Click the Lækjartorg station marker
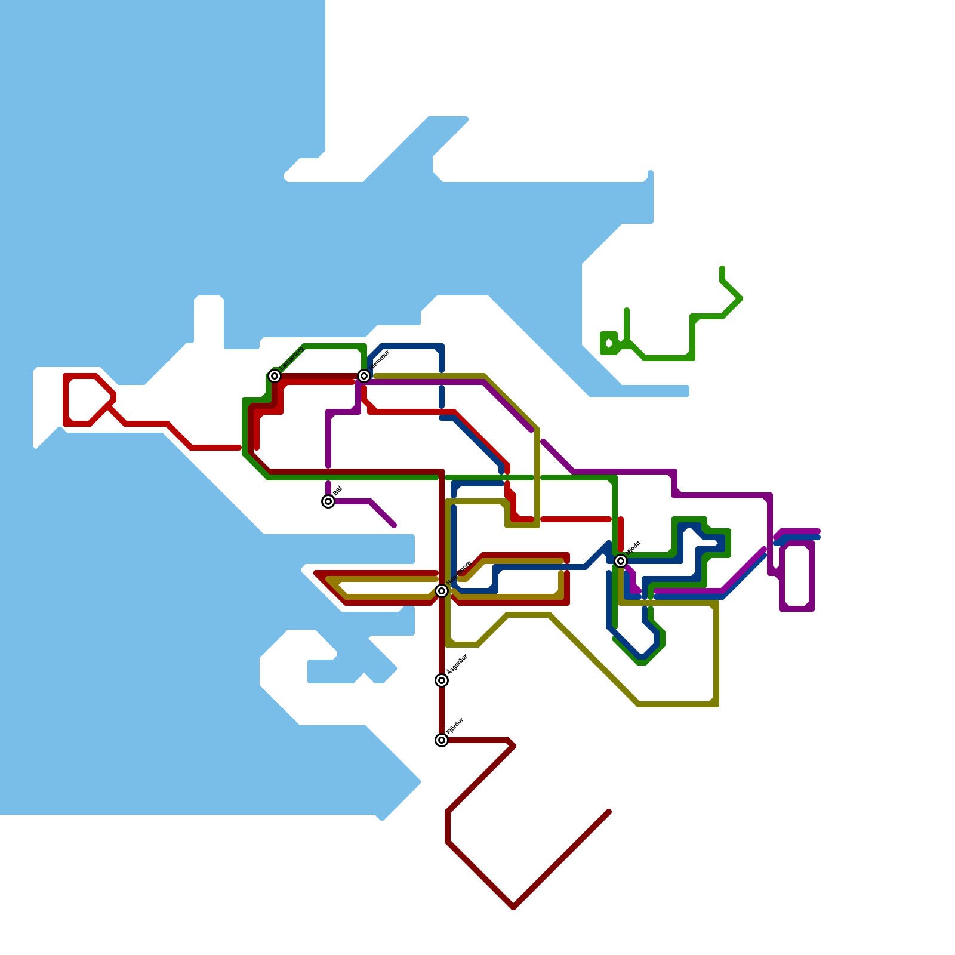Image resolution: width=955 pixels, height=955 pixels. point(275,376)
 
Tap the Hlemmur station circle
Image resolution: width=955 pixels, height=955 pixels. point(364,376)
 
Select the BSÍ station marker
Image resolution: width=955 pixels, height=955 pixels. point(328,501)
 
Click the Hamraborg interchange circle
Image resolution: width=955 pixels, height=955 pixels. point(442,591)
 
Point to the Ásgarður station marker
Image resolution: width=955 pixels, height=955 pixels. point(442,680)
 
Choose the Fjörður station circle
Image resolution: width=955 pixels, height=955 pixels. point(442,740)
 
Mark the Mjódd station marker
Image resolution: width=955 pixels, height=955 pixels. point(621,561)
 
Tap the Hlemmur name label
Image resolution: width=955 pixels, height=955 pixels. point(380,360)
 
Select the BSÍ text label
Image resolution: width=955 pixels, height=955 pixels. point(337,491)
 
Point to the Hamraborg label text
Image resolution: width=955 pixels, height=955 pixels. point(459,573)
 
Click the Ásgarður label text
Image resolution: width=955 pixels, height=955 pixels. point(457,664)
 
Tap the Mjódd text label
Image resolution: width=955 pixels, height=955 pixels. point(633,547)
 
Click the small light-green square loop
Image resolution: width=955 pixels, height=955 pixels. point(609,343)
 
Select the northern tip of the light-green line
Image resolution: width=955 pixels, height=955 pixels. point(722,268)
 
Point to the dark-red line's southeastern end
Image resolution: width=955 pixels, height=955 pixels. point(608,812)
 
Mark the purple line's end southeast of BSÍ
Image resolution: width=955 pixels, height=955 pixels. point(394,525)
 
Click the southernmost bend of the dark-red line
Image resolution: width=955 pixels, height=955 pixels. point(513,907)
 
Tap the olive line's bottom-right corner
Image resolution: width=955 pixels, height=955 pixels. point(715,704)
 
